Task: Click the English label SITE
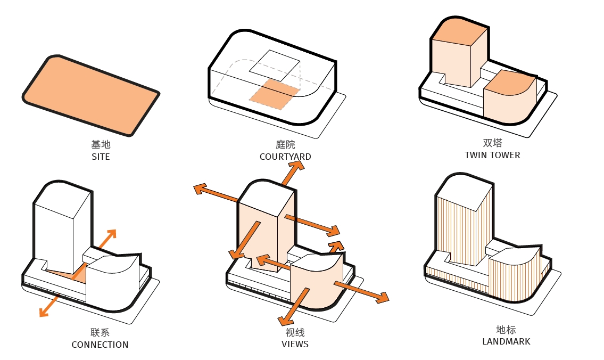click(101, 157)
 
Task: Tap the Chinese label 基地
click(101, 145)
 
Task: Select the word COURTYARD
click(285, 157)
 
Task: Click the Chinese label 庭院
click(285, 145)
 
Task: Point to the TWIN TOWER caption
click(492, 155)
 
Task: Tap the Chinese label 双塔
click(492, 143)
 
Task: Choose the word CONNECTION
click(100, 345)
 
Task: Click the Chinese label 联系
click(100, 332)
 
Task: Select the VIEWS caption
click(295, 344)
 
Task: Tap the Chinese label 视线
click(295, 332)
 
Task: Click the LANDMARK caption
click(506, 341)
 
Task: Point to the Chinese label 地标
click(506, 330)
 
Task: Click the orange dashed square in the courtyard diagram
click(273, 94)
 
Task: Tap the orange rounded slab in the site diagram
click(90, 95)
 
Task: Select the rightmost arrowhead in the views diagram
click(382, 298)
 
